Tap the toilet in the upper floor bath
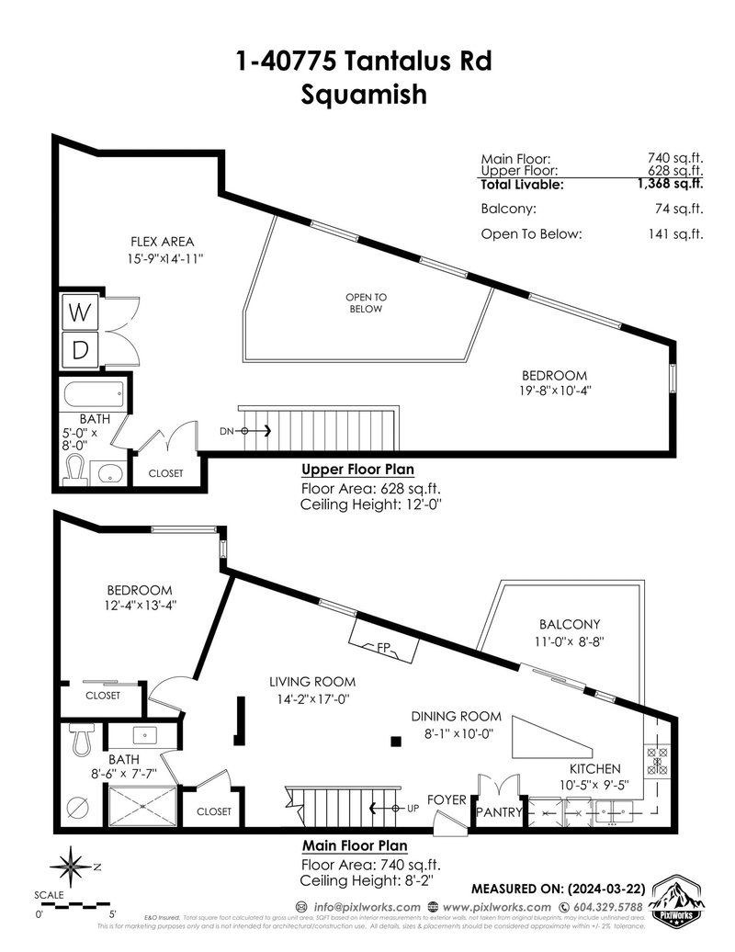tap(75, 470)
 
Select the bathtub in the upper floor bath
tap(93, 398)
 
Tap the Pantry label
tap(499, 812)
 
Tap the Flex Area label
tap(162, 243)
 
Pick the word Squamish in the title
tap(364, 95)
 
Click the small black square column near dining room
tap(395, 742)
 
